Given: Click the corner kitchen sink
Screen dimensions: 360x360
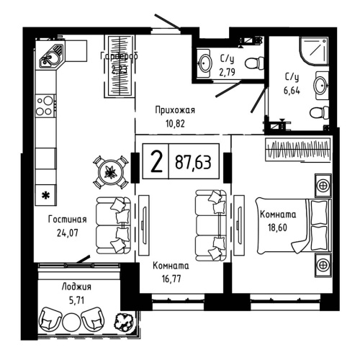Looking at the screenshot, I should tap(50, 55).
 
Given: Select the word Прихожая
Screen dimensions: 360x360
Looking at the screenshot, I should tap(176, 110).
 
